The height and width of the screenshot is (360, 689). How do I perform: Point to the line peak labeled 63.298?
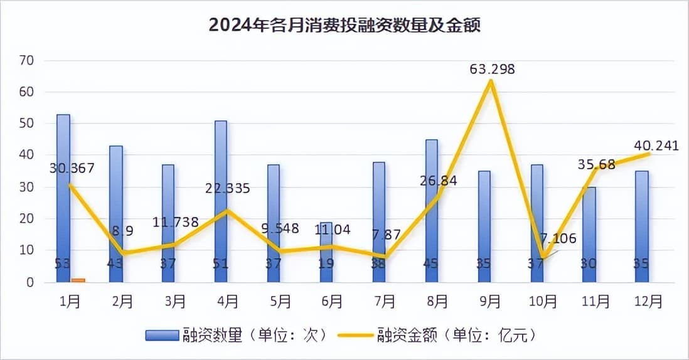(491, 81)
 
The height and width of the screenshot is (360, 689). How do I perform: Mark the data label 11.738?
(176, 221)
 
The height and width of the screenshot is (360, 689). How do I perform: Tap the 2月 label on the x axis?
(122, 302)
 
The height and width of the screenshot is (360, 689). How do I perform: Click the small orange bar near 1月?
(78, 280)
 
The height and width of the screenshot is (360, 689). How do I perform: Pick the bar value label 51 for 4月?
(221, 264)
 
